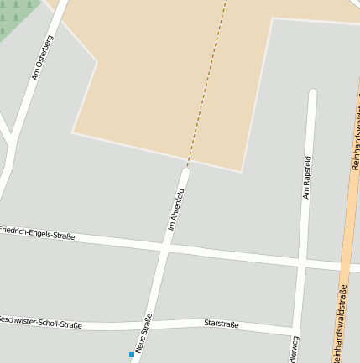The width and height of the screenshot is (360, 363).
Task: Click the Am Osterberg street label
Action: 43,58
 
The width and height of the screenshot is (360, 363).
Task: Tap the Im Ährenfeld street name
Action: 176,209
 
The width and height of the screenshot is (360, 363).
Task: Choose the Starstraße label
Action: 222,323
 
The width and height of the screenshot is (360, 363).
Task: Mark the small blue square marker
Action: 132,355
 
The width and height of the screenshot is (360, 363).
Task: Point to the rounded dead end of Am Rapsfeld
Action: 313,93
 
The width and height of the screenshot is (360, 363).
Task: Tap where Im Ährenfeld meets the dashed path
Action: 186,168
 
